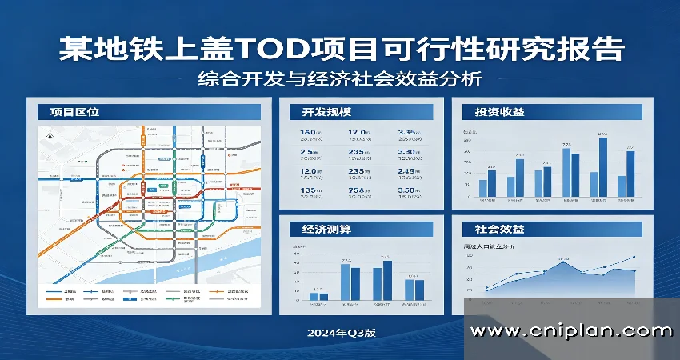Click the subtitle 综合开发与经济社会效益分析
pos(339,79)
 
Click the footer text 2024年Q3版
pos(340,332)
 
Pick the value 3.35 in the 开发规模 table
pos(408,133)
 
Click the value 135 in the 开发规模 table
pos(309,190)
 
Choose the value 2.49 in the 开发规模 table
pos(408,171)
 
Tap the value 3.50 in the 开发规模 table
pos(408,190)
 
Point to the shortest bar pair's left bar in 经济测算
pos(314,296)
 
